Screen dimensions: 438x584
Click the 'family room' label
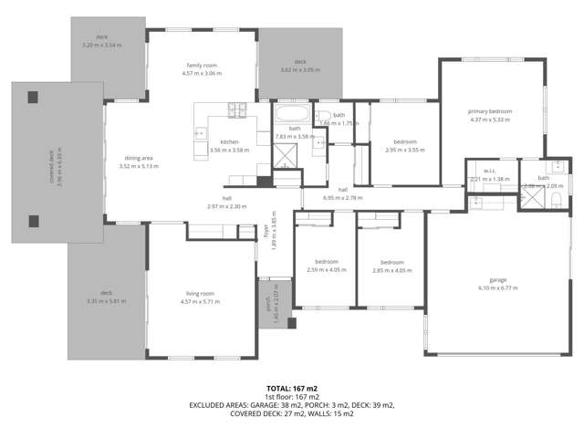coord(200,66)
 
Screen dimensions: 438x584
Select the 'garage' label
coord(497,279)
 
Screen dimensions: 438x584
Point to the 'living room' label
coord(196,294)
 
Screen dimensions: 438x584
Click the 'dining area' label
coord(140,159)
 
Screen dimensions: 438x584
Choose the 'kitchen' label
coord(229,141)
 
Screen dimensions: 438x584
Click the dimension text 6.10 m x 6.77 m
coord(497,287)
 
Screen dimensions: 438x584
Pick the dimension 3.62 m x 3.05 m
coord(300,70)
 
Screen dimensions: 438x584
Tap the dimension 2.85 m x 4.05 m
coord(391,270)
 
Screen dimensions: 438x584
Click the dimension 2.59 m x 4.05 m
coord(326,270)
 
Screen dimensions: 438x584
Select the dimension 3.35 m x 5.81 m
coord(106,301)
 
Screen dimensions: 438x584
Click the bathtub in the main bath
coord(294,116)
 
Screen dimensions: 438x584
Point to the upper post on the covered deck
coord(33,97)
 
